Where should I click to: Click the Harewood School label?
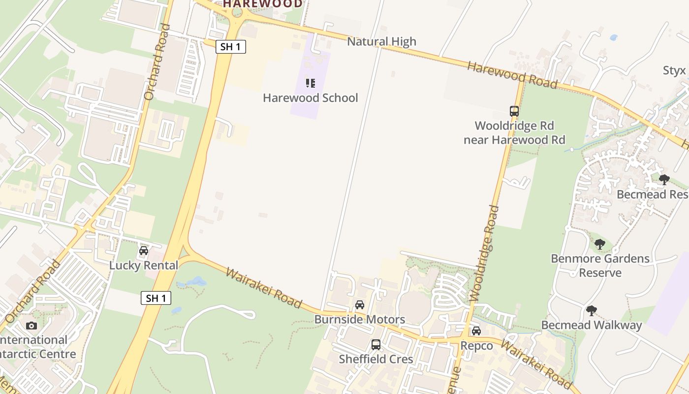point(311,98)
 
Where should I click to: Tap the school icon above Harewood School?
point(310,83)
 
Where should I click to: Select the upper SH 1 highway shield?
point(230,47)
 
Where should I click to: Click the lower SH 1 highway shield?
point(156,298)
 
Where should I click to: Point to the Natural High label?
point(381,41)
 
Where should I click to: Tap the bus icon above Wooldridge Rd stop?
point(514,111)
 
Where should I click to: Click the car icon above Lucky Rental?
point(144,251)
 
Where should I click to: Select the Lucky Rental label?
point(144,265)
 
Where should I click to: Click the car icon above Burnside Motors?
point(360,305)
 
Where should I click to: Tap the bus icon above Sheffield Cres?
point(376,345)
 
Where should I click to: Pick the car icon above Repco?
point(476,331)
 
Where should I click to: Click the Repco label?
point(476,346)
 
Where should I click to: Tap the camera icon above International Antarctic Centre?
point(31,326)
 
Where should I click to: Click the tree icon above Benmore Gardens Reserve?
point(599,244)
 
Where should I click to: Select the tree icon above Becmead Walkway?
point(592,311)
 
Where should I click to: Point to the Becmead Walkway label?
point(592,325)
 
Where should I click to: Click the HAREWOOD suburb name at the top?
point(263,4)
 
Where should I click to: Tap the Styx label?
point(674,70)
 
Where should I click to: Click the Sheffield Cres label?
point(376,359)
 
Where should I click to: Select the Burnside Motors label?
point(360,319)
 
